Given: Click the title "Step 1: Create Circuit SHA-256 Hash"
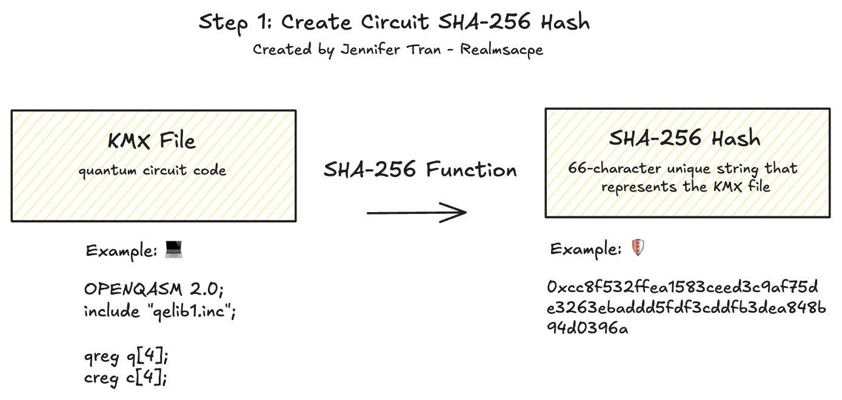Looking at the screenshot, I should point(394,23).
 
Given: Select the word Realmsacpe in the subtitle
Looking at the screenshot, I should point(501,50).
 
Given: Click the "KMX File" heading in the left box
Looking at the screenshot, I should point(152,141).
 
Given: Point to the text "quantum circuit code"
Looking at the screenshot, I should point(152,170).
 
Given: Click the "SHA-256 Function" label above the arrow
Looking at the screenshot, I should point(420,170).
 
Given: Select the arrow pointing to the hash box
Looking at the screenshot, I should point(416,212).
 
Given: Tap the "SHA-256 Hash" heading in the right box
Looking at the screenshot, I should point(685,138).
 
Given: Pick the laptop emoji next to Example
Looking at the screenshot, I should point(174,248).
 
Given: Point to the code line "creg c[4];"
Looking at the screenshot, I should point(125,378).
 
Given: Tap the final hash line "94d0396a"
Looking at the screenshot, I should point(587,329).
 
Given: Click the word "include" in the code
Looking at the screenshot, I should point(112,312).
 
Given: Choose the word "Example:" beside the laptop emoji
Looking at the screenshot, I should point(121,250).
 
